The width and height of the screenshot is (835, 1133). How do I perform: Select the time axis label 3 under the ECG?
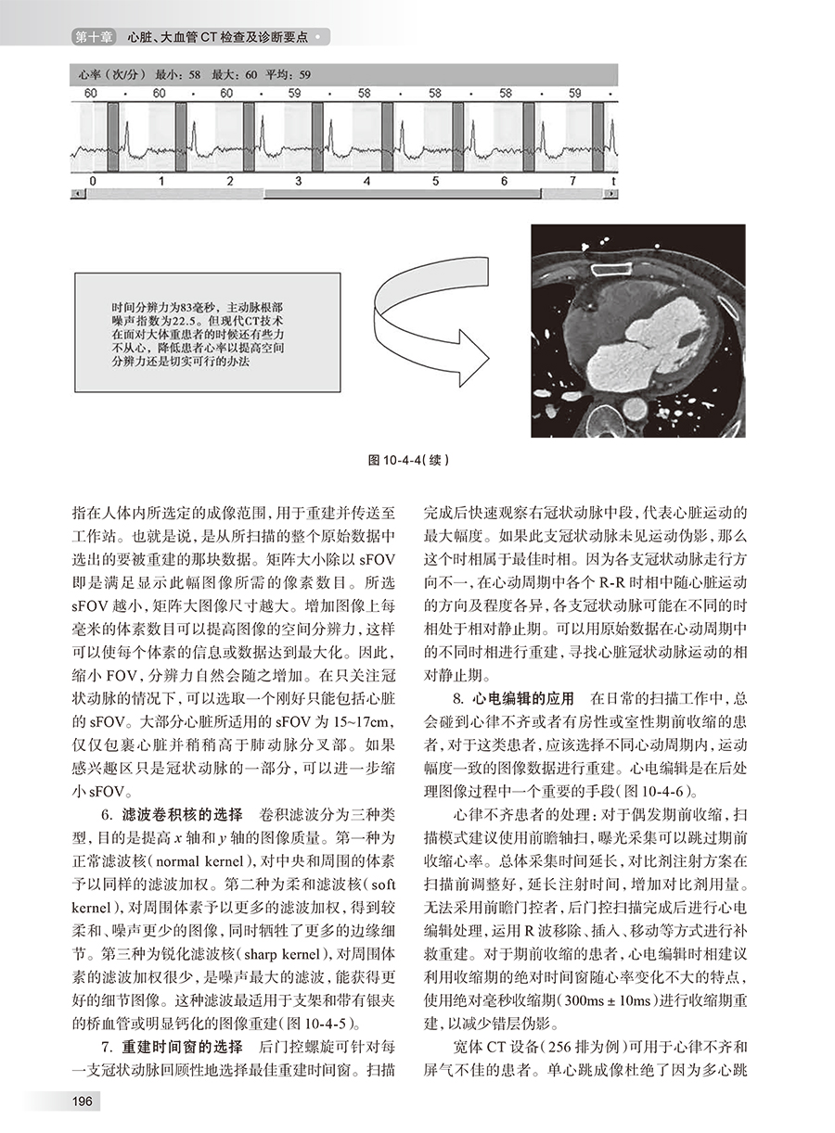click(296, 180)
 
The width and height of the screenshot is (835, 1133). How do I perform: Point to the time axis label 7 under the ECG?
click(572, 180)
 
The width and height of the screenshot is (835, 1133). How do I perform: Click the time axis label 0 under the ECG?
click(91, 180)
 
